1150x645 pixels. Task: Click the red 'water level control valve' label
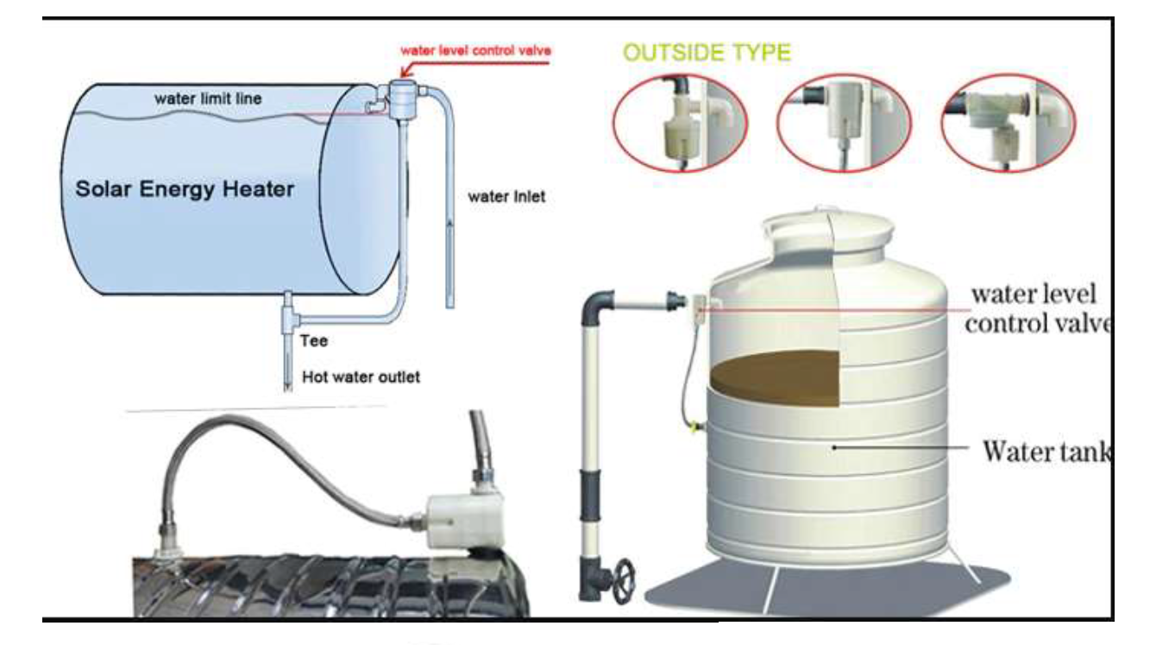tap(475, 48)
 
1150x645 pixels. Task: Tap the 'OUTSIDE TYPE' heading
tap(707, 53)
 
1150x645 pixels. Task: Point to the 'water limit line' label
tap(208, 98)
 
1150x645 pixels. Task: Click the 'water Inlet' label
tap(506, 196)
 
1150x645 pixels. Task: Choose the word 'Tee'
tap(314, 340)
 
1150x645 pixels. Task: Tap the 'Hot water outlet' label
tap(361, 377)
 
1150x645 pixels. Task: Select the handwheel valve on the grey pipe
tap(619, 576)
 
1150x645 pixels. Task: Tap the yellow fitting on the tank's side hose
tap(692, 424)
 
